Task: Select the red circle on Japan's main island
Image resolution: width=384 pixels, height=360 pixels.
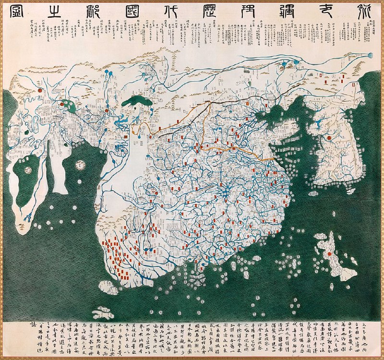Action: [x=330, y=253]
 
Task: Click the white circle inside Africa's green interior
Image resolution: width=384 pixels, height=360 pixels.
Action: [x=28, y=170]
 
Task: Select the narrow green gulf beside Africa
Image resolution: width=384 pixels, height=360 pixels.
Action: [x=50, y=168]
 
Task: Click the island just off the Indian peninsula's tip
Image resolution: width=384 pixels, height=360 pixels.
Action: [x=107, y=288]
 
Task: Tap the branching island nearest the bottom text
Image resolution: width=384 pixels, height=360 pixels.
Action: [x=102, y=314]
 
